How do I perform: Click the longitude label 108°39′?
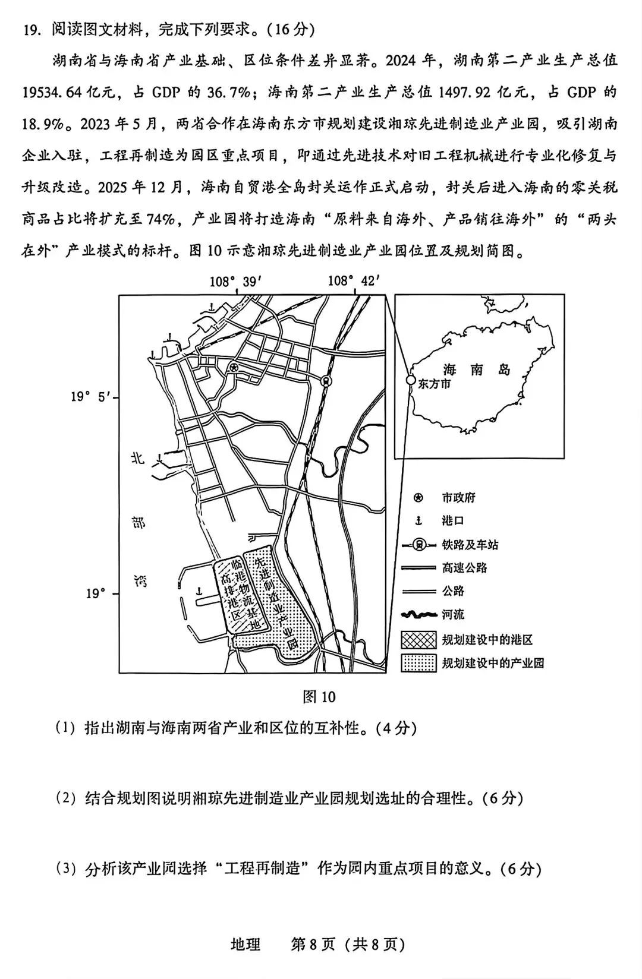pos(235,280)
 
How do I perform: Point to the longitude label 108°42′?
pos(354,280)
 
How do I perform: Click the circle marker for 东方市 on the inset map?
pos(410,380)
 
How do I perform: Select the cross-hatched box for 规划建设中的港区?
pos(418,639)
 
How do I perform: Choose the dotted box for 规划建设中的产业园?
pos(418,663)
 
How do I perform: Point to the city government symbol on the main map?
pos(234,368)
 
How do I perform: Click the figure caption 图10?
pos(319,697)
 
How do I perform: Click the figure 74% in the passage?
pos(161,219)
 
